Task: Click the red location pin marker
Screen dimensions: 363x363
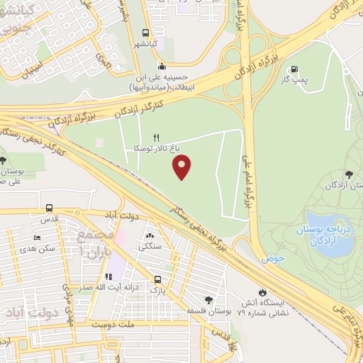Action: coord(182,166)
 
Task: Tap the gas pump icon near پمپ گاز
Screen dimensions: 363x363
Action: coord(293,69)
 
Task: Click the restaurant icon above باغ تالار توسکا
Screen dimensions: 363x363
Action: coord(157,138)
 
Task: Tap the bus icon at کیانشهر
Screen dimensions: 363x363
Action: coord(145,33)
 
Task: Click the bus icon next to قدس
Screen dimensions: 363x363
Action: coord(48,208)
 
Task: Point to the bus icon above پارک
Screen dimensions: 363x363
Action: coord(157,279)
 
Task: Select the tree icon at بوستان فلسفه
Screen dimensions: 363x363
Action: coord(208,299)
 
